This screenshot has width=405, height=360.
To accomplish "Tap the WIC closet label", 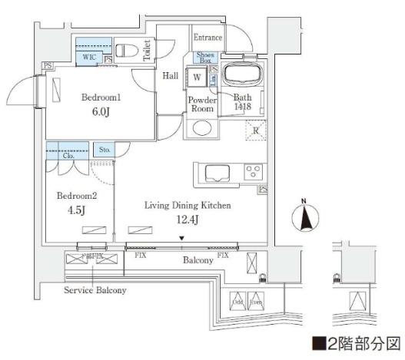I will [x=89, y=56].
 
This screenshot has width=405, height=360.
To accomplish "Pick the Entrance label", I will [x=207, y=38].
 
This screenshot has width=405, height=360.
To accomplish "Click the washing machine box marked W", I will [x=198, y=78].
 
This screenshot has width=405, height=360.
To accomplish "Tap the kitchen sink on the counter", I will [x=213, y=171].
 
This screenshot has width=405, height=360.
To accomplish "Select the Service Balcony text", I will [x=95, y=291].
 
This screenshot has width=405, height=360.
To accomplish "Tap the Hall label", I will [x=171, y=76].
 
